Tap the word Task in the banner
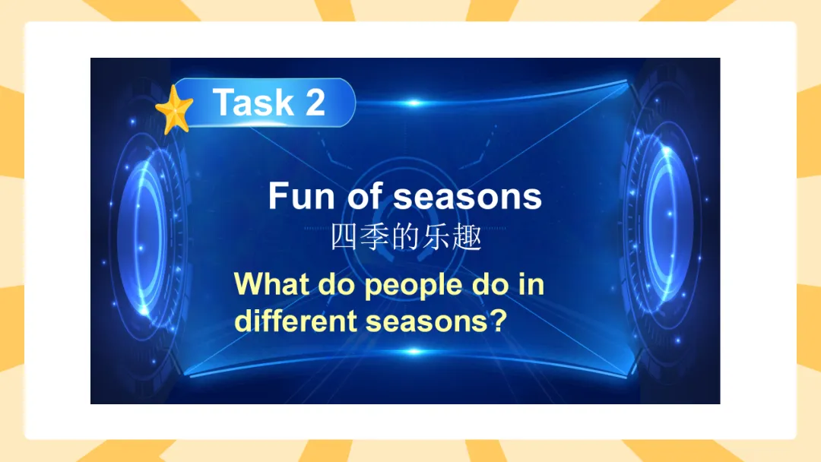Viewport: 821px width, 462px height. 253,102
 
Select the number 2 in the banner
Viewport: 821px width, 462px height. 315,102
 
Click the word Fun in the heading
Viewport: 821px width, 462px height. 301,196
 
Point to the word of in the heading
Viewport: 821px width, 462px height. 365,196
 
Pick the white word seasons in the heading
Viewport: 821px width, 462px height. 468,198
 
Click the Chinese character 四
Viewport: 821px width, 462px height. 344,237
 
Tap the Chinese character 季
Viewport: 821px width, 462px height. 374,237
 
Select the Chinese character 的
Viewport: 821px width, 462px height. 405,237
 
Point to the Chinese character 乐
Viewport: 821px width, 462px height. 436,237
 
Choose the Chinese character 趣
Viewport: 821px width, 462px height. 467,237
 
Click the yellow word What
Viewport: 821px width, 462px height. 271,284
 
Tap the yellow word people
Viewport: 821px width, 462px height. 414,286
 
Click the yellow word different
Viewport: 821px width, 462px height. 296,320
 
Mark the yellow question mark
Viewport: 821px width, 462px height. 499,320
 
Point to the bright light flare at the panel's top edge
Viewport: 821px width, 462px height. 414,103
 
